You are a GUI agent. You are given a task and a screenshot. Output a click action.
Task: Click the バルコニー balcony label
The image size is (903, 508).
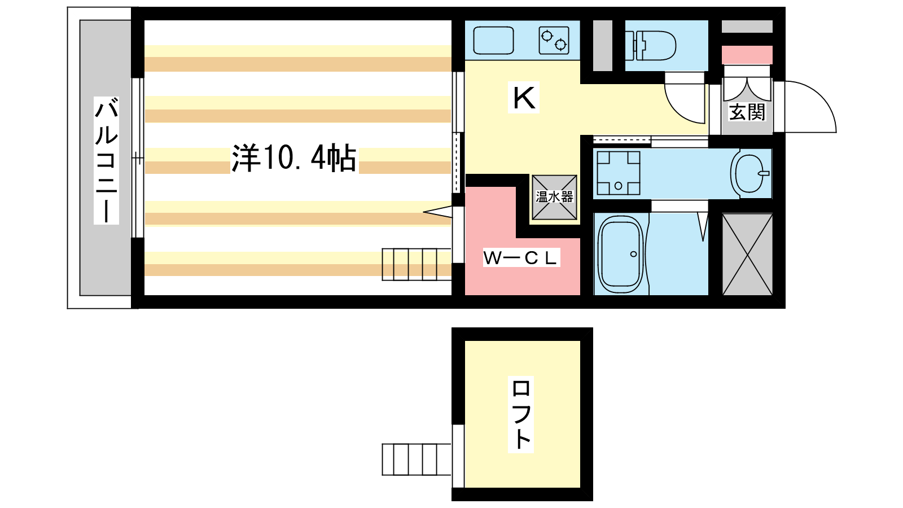(106, 160)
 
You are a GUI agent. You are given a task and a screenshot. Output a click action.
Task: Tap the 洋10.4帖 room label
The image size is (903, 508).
(294, 158)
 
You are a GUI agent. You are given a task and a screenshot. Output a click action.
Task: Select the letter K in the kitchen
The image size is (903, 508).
(524, 97)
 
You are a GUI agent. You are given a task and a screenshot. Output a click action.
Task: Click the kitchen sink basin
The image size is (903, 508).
(493, 40)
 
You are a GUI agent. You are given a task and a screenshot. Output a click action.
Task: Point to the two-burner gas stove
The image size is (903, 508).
(554, 40)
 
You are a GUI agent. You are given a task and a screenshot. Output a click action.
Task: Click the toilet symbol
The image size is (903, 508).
(651, 46)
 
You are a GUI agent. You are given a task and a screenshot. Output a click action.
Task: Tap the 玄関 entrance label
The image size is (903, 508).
(747, 112)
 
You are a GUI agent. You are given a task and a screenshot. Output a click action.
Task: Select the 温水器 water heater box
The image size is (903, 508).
(554, 197)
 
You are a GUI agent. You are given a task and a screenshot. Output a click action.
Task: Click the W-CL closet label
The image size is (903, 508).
(521, 258)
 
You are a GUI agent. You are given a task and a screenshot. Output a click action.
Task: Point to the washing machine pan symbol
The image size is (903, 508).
(619, 173)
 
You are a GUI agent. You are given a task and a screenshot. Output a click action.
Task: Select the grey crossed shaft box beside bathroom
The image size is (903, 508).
(747, 255)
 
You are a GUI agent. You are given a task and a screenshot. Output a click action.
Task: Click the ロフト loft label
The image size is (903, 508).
(521, 414)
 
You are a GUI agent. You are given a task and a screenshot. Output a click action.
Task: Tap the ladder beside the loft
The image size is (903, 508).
(417, 459)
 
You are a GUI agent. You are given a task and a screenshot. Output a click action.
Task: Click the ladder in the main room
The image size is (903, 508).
(417, 265)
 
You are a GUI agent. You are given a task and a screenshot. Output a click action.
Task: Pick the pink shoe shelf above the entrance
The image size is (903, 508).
(747, 55)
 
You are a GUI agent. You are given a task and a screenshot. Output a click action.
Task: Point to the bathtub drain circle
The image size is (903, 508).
(633, 254)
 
